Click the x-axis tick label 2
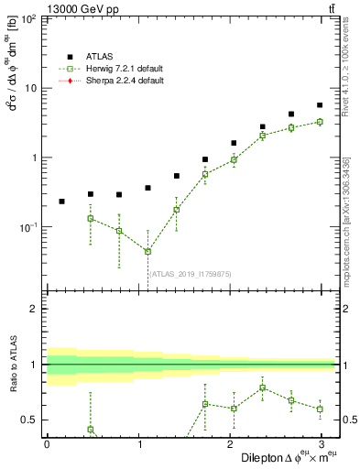point(229,443)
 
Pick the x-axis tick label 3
point(322,443)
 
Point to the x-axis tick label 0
point(47,443)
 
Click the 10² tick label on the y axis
point(29,19)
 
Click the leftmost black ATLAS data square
point(61,202)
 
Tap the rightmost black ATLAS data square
point(320,105)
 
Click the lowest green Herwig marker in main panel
point(147,252)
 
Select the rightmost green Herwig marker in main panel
point(320,122)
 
